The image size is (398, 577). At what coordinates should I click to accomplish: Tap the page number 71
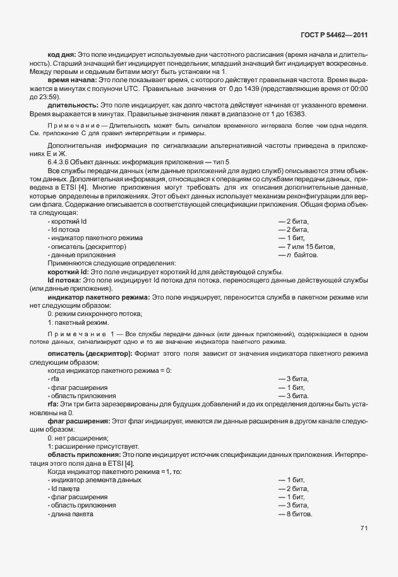coord(364,528)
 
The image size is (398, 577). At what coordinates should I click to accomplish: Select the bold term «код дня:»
coord(62,56)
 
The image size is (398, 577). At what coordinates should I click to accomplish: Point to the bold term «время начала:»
coord(71,82)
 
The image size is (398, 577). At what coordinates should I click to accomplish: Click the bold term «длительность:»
coord(72,106)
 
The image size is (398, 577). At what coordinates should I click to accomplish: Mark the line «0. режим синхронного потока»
coord(94,313)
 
